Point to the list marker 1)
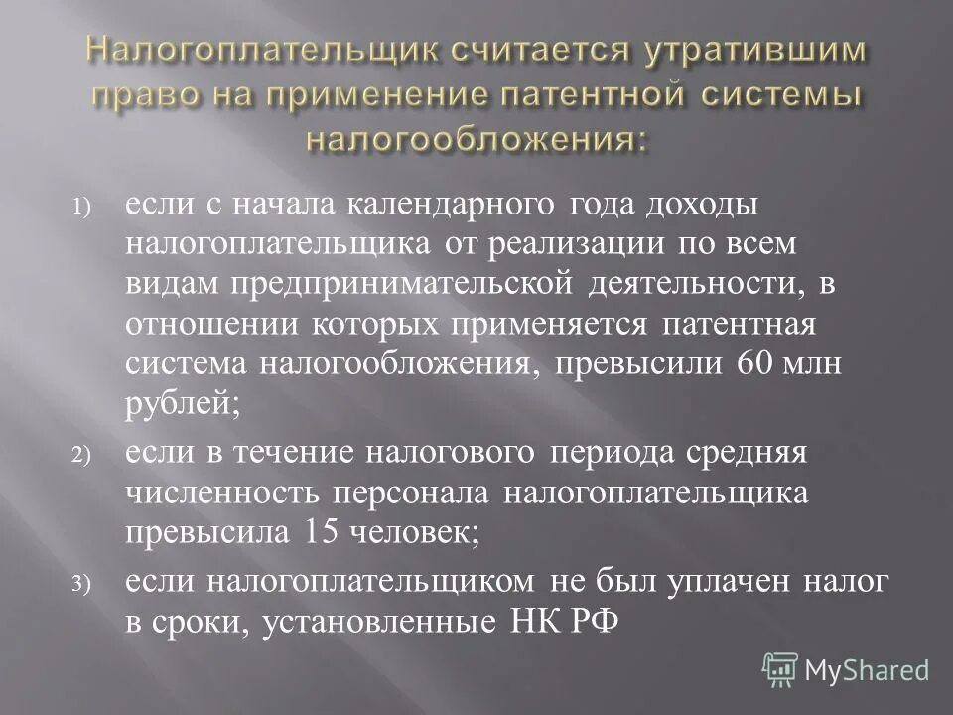79,210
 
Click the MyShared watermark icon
781,668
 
